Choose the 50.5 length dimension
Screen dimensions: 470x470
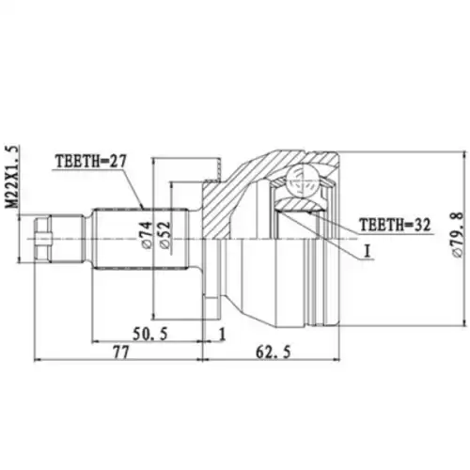point(150,334)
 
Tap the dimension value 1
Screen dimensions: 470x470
point(221,334)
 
